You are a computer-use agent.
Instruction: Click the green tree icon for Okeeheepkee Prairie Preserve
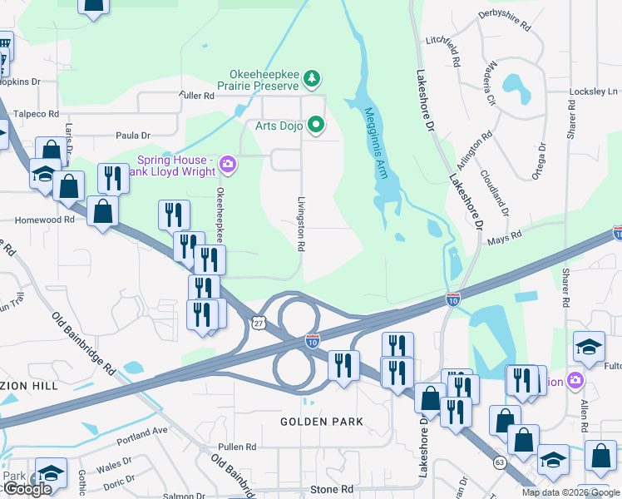point(312,79)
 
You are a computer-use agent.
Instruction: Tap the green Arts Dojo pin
point(316,126)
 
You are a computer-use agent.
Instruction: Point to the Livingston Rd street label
point(303,225)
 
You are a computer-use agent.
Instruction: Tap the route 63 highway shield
point(499,460)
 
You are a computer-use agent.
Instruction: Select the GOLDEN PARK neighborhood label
point(321,422)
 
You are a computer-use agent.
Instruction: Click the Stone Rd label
point(331,490)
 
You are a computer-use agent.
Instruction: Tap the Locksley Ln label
point(594,91)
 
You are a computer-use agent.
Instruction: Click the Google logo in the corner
point(27,490)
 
